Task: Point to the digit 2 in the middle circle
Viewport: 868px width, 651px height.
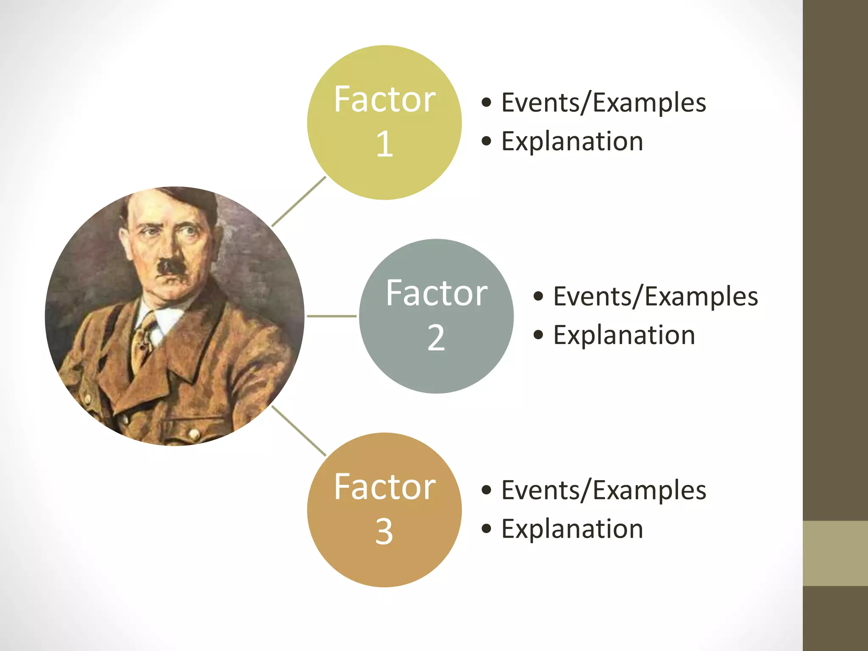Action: pyautogui.click(x=436, y=338)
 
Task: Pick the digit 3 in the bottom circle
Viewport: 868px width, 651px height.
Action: pyautogui.click(x=384, y=531)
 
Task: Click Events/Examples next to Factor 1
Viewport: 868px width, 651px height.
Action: pyautogui.click(x=604, y=103)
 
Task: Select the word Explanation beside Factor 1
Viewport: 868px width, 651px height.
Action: pyautogui.click(x=572, y=141)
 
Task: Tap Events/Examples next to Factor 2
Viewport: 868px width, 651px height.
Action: pyautogui.click(x=655, y=297)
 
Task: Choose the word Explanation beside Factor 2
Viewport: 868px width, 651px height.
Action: pyautogui.click(x=624, y=335)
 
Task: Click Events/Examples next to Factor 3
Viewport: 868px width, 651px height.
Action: pyautogui.click(x=604, y=490)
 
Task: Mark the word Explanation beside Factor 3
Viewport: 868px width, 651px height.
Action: pyautogui.click(x=572, y=529)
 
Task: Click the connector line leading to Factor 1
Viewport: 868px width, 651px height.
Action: pyautogui.click(x=299, y=201)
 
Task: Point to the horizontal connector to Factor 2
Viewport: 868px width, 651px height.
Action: pyautogui.click(x=331, y=316)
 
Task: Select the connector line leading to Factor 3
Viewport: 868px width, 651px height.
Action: pyautogui.click(x=299, y=431)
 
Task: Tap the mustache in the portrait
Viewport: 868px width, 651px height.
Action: pyautogui.click(x=170, y=267)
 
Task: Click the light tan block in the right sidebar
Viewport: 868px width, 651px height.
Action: pyautogui.click(x=835, y=553)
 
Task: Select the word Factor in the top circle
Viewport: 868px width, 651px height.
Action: pyautogui.click(x=384, y=100)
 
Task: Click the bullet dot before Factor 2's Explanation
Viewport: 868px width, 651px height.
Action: pyautogui.click(x=538, y=335)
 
